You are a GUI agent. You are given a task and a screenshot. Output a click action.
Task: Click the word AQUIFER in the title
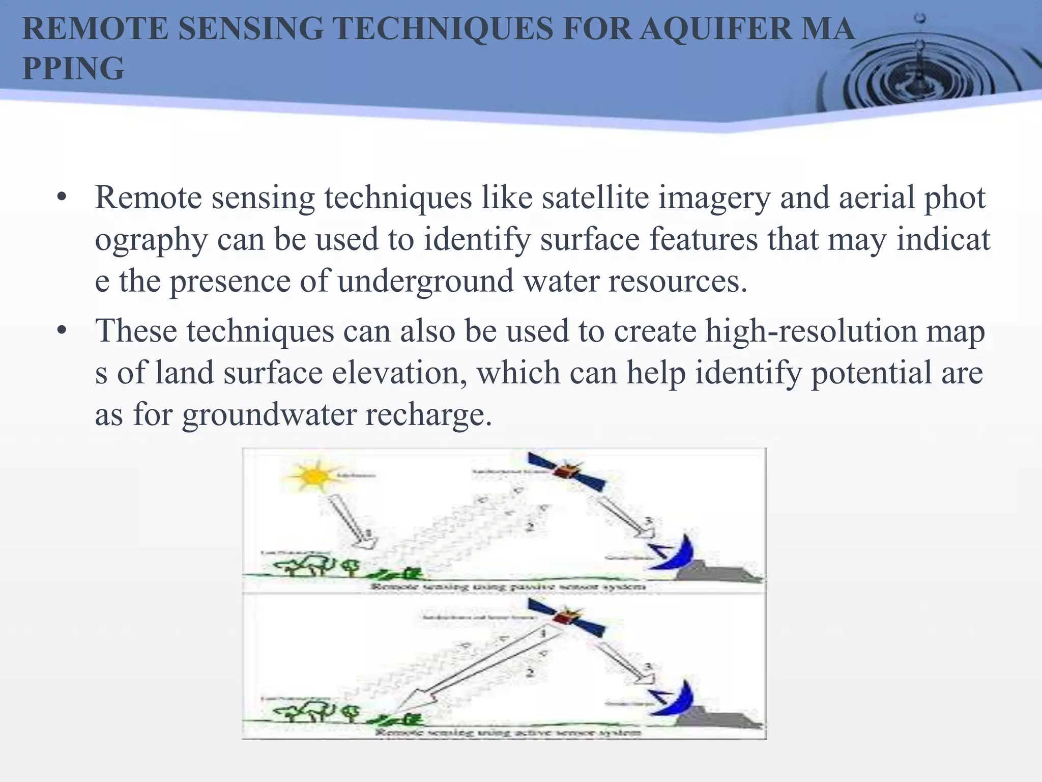(715, 29)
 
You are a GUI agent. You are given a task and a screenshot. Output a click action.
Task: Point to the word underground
(425, 282)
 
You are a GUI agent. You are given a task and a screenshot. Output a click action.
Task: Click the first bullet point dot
(62, 198)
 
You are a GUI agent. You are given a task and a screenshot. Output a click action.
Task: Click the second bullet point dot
(62, 331)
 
